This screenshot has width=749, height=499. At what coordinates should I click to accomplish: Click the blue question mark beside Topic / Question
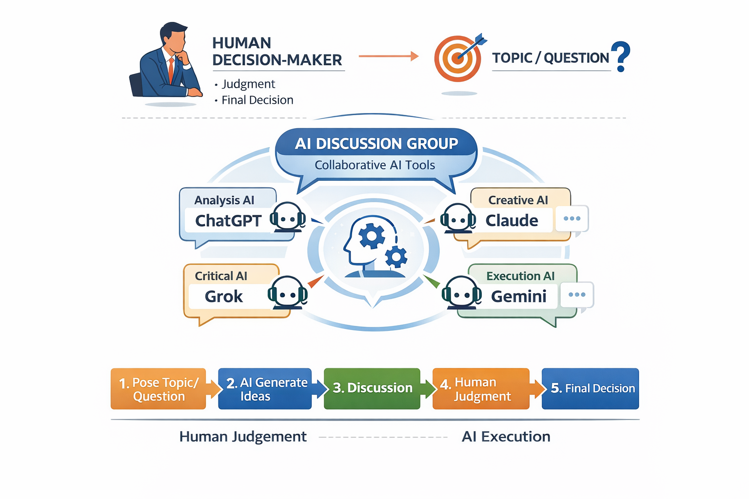tap(621, 56)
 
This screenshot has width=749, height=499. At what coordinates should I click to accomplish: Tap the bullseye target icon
tap(457, 58)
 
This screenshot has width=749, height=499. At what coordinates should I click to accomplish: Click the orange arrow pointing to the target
tap(388, 56)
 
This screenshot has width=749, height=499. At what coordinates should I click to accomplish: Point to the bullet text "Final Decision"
tap(257, 100)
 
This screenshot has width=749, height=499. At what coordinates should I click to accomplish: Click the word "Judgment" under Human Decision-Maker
tap(248, 84)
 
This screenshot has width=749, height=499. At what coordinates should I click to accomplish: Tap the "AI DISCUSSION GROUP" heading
tap(376, 144)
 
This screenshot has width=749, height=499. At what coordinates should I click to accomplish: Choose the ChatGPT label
tap(228, 221)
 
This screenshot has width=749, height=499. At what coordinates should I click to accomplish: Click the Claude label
tap(512, 220)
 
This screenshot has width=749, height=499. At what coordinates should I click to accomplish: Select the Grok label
tap(224, 296)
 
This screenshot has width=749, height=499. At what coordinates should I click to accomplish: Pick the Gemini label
tap(518, 296)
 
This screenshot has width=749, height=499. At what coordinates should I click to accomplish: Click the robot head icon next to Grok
tap(288, 292)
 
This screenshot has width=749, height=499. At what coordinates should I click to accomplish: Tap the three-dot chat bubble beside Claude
tap(572, 218)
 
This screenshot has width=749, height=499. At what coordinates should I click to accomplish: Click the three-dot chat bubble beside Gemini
tap(576, 294)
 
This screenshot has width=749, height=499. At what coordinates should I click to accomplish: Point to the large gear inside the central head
tap(372, 236)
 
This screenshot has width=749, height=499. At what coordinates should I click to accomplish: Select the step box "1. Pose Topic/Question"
tap(158, 389)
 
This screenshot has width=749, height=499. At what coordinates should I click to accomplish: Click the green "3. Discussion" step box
tap(372, 388)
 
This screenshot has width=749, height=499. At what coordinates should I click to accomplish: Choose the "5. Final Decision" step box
tap(590, 388)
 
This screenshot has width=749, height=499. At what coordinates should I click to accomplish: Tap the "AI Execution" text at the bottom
tap(506, 437)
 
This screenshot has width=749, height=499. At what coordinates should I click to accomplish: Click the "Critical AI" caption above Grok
tap(221, 276)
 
